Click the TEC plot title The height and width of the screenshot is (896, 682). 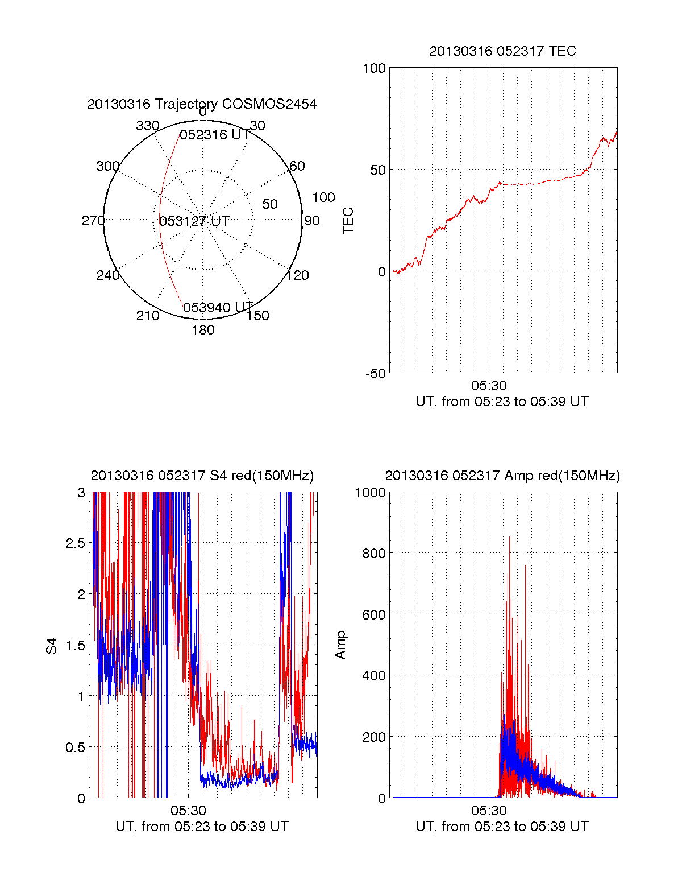coord(502,51)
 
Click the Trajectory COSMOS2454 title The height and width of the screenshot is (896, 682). coord(202,104)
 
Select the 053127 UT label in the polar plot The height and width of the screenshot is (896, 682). coord(194,221)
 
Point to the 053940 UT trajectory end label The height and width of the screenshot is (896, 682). coord(218,308)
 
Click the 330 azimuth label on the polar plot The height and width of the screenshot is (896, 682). coord(147,126)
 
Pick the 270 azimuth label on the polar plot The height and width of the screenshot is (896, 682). coord(93,221)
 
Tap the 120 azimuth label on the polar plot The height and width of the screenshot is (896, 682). coord(298,276)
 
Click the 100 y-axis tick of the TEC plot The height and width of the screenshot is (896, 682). coord(374,68)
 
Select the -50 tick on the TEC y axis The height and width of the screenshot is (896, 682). coord(376,374)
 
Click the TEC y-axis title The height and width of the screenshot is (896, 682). coord(348,221)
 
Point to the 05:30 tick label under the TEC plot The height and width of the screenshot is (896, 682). coord(489,386)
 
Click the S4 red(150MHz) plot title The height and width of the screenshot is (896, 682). coord(202,476)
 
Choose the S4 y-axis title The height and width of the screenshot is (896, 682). coord(52,646)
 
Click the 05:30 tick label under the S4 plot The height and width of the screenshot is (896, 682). coord(188,811)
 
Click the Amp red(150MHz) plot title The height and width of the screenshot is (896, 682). coord(502,476)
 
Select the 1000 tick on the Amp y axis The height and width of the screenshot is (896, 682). coord(371,493)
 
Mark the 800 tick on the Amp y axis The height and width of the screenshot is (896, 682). coord(374,554)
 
